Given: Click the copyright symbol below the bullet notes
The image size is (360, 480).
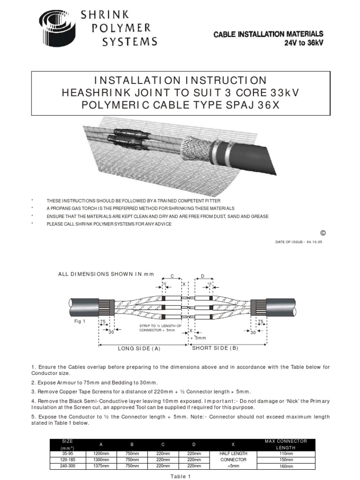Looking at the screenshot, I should pyautogui.click(x=322, y=233).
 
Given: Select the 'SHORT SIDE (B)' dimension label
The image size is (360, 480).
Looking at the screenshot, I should pyautogui.click(x=216, y=348).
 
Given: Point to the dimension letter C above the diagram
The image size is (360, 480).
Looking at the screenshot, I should pyautogui.click(x=172, y=277).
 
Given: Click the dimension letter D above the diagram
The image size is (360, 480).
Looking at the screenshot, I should pyautogui.click(x=203, y=277).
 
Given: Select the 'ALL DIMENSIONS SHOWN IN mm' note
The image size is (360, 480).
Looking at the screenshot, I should pyautogui.click(x=105, y=274).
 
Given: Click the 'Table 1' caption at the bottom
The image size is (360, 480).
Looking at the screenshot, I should pyautogui.click(x=180, y=476).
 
